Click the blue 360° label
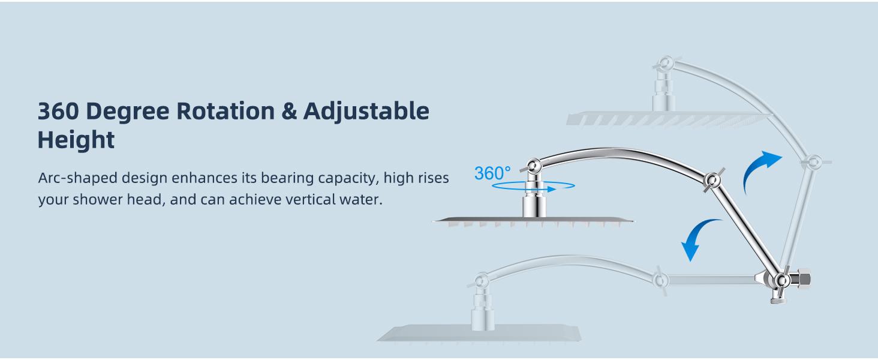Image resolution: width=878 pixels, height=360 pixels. [492, 173]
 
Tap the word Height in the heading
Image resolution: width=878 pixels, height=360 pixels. [76, 140]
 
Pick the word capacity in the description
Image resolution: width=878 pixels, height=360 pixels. [341, 179]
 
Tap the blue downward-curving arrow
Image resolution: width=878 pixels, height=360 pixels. [700, 238]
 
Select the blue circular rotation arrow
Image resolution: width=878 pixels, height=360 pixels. [524, 187]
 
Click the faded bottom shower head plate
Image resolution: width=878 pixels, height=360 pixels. [480, 333]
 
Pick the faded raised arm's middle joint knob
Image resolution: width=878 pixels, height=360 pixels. [813, 162]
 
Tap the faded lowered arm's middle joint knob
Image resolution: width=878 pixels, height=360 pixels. [660, 279]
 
